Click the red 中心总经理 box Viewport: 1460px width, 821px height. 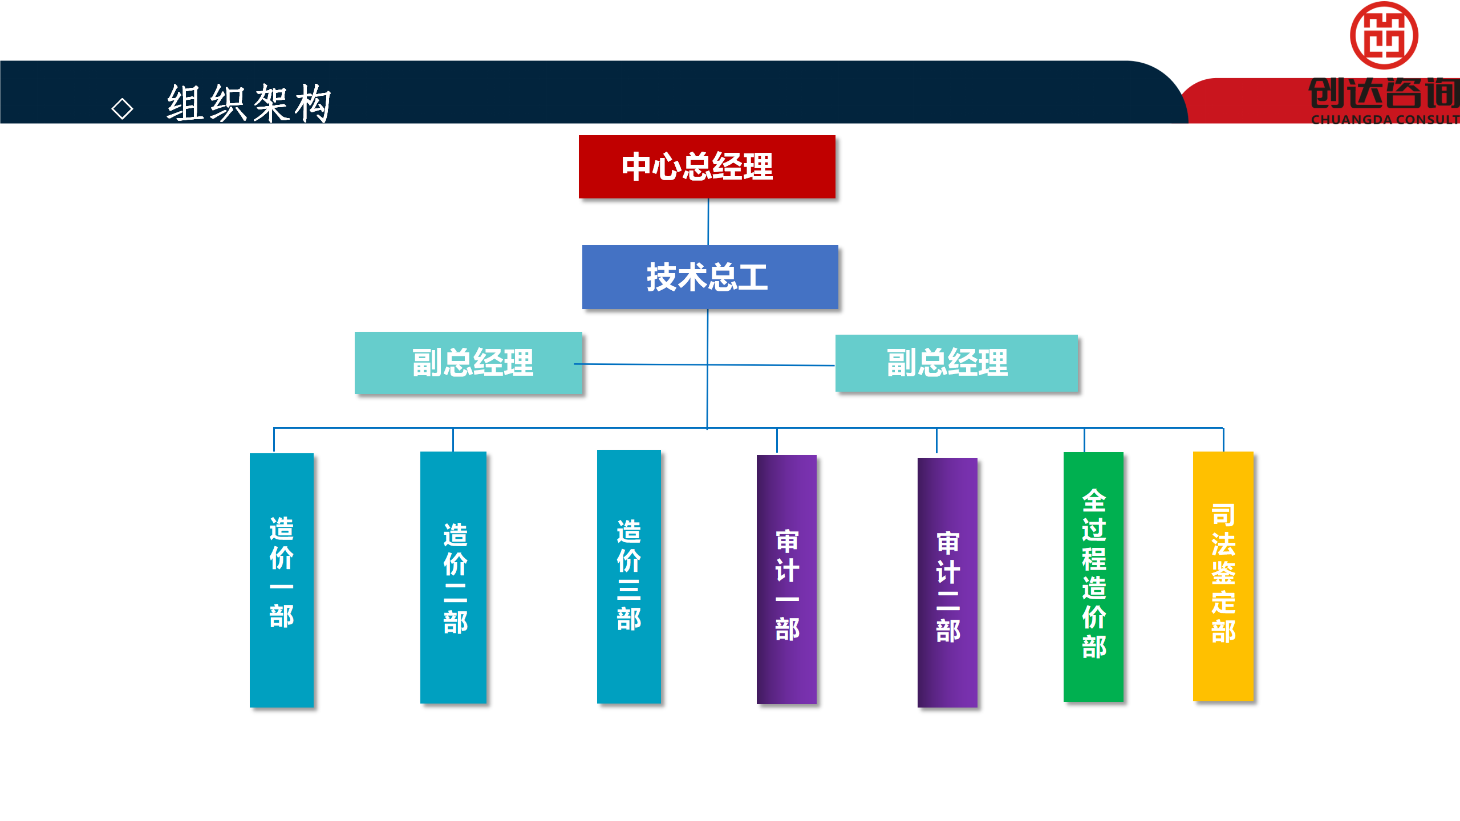tap(707, 166)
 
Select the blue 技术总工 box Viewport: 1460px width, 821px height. tap(709, 277)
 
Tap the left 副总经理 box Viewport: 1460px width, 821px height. tap(468, 363)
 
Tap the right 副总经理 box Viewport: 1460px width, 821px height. tap(956, 363)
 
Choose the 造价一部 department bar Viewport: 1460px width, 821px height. tap(282, 579)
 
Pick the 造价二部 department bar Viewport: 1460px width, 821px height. tap(453, 577)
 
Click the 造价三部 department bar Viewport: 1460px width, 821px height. tap(628, 576)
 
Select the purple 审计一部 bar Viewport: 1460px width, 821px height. tap(786, 579)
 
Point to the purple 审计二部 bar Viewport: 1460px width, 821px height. tap(947, 582)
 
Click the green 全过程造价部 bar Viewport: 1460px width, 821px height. tap(1093, 576)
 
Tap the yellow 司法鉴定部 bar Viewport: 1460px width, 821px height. tap(1223, 575)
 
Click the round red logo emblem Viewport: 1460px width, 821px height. tap(1384, 35)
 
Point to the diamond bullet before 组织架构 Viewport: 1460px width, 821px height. tap(122, 108)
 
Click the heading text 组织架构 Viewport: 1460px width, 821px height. tap(249, 103)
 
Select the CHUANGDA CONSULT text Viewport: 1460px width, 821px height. tap(1385, 120)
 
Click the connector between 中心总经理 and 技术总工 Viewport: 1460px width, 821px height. tap(708, 222)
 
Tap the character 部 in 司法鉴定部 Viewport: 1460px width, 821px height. tap(1223, 632)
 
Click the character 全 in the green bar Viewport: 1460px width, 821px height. tap(1094, 501)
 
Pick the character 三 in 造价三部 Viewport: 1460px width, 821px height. tap(628, 590)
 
